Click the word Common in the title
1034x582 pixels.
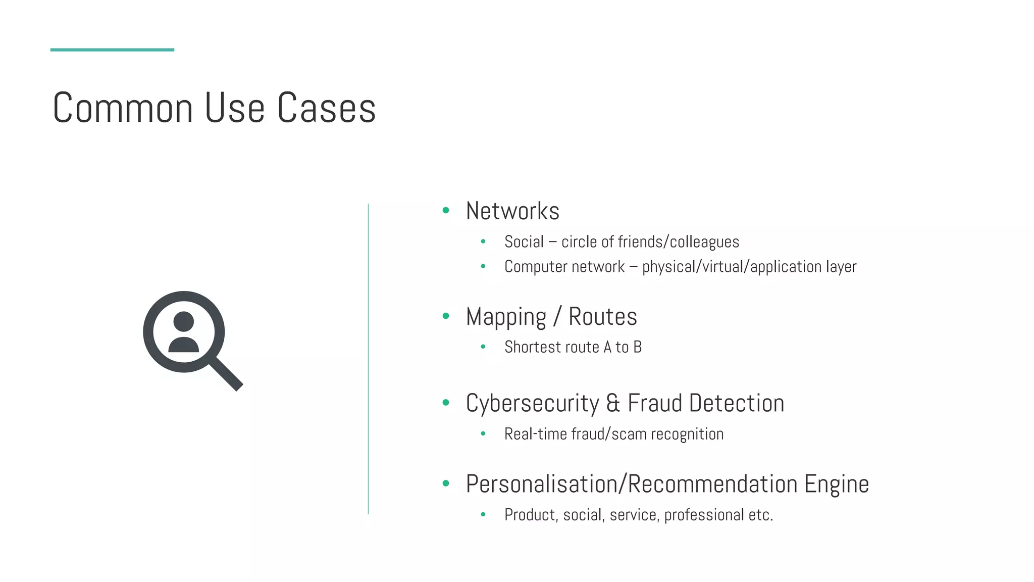pyautogui.click(x=123, y=108)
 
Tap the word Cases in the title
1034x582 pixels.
pyautogui.click(x=327, y=108)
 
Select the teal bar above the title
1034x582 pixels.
pyautogui.click(x=112, y=50)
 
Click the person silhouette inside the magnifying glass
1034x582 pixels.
pyautogui.click(x=183, y=332)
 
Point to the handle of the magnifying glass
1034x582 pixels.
pyautogui.click(x=226, y=374)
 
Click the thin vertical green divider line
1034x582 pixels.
pyautogui.click(x=368, y=359)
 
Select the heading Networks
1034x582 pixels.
pyautogui.click(x=512, y=211)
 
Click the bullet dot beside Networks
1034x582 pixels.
pyautogui.click(x=445, y=211)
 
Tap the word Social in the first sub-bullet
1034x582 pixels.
pyautogui.click(x=524, y=242)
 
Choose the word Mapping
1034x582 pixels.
pyautogui.click(x=506, y=317)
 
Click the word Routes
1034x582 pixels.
pyautogui.click(x=603, y=317)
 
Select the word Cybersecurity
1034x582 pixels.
pyautogui.click(x=532, y=404)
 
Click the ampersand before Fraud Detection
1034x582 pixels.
pyautogui.click(x=613, y=404)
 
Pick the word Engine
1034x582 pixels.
pyautogui.click(x=837, y=484)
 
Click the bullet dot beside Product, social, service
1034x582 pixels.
pyautogui.click(x=483, y=515)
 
